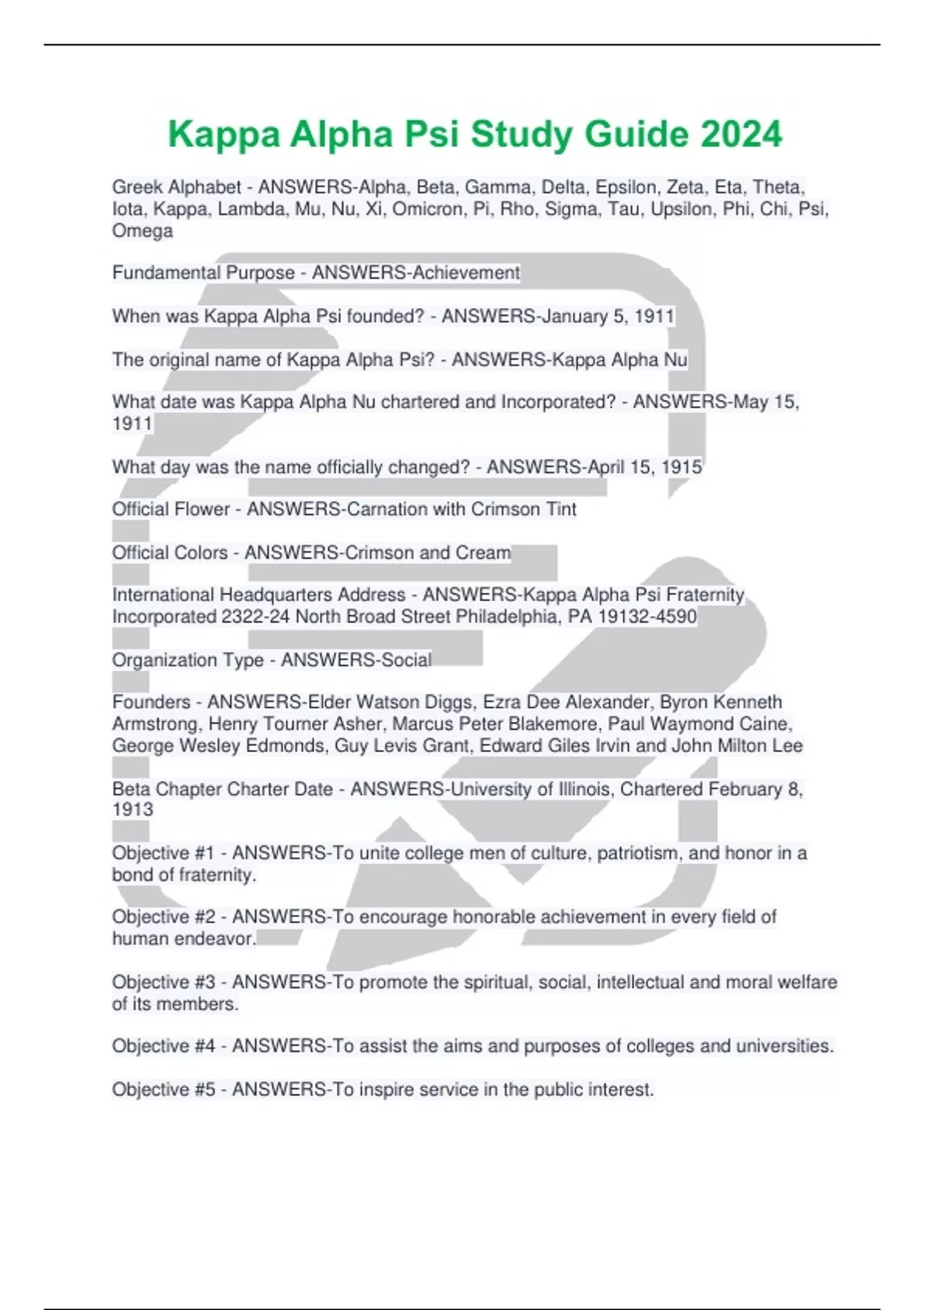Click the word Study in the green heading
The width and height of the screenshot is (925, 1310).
click(521, 134)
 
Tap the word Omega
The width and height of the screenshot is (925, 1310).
click(143, 231)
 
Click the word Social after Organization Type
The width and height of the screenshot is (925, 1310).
click(405, 660)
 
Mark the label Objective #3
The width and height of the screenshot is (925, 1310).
click(163, 982)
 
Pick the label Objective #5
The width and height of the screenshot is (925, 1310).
click(163, 1090)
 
